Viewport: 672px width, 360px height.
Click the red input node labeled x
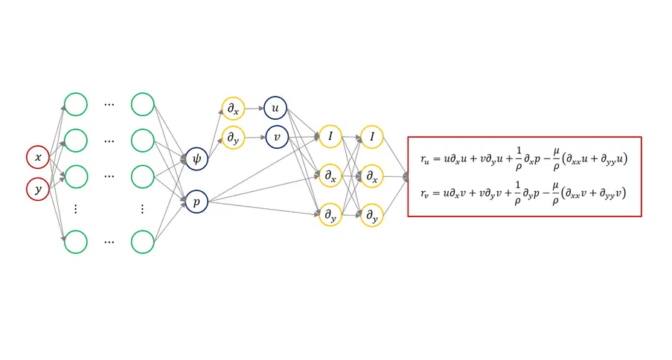[38, 157]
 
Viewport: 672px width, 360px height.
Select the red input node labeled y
[38, 189]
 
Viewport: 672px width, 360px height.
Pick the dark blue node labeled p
[196, 201]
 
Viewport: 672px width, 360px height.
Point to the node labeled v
[275, 136]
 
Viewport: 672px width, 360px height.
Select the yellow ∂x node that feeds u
[233, 109]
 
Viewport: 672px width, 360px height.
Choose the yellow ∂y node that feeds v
[233, 137]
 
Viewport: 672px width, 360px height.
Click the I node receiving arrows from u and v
[329, 137]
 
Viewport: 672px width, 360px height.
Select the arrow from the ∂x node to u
[254, 108]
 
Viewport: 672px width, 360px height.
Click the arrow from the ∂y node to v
[254, 137]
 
